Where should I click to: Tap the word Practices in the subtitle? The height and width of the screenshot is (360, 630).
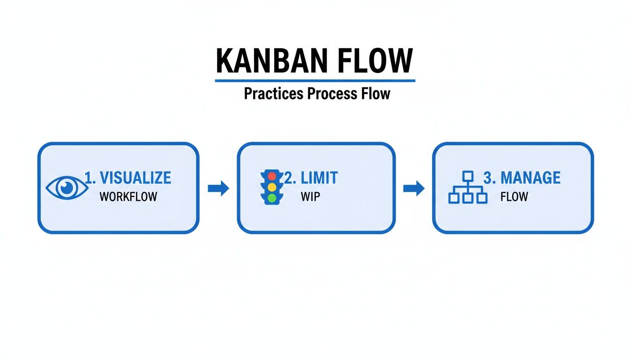273,93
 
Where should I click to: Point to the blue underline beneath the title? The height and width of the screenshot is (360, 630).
315,81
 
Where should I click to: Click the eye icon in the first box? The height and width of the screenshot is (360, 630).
66,188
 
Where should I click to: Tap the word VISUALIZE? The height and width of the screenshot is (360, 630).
135,178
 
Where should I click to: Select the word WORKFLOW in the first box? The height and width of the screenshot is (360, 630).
128,197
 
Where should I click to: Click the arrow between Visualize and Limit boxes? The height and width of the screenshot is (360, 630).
218,188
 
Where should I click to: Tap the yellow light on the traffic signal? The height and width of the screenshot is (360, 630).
272,187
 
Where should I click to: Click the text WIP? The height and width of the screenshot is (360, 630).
310,197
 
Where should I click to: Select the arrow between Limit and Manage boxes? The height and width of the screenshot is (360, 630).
413,188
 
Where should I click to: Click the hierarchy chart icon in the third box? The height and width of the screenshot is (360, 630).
467,187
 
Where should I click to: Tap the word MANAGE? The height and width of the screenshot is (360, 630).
530,178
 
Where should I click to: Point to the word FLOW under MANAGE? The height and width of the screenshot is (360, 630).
514,197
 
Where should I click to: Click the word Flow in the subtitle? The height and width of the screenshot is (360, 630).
375,93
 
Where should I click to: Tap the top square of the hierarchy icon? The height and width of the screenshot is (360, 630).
467,176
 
